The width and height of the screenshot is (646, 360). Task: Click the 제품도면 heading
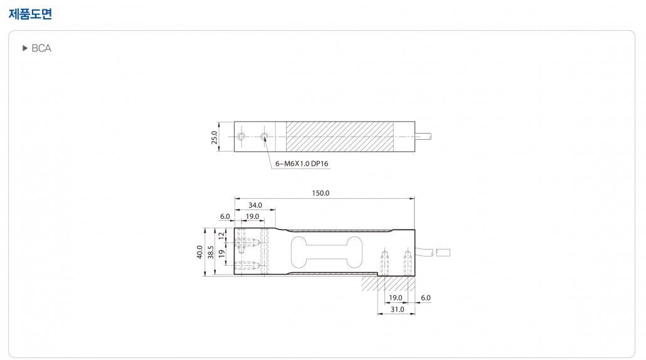tap(31, 14)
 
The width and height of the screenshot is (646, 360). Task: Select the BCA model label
tap(41, 48)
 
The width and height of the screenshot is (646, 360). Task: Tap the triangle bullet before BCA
tap(24, 48)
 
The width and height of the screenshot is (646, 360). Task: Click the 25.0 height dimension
tap(214, 137)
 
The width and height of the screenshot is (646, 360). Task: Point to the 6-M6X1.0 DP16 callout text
tap(302, 164)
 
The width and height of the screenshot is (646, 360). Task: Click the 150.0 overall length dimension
tap(320, 193)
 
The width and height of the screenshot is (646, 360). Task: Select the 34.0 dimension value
tap(255, 204)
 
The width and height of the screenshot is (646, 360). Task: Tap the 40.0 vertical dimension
tap(199, 252)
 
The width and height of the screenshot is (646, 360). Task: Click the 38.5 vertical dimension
tap(211, 252)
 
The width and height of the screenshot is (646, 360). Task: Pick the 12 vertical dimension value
tap(221, 236)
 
